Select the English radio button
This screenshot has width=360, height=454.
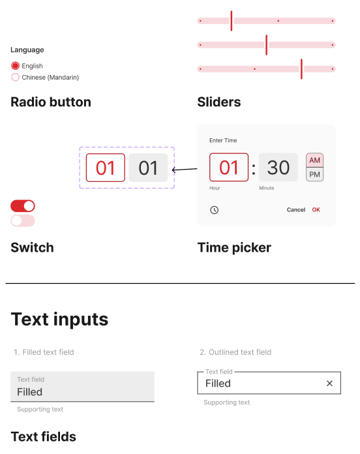click(x=16, y=66)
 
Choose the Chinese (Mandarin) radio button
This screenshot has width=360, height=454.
click(x=16, y=78)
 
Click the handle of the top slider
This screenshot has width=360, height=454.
click(x=232, y=21)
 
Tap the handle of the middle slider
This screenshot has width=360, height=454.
click(x=266, y=45)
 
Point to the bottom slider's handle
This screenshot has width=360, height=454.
click(x=301, y=69)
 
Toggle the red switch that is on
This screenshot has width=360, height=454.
click(x=23, y=206)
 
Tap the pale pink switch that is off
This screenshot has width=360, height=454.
click(x=23, y=220)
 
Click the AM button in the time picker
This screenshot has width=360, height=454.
click(x=314, y=160)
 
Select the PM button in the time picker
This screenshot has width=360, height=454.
click(x=314, y=174)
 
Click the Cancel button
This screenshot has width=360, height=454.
click(x=295, y=209)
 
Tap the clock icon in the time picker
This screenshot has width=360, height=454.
click(x=214, y=210)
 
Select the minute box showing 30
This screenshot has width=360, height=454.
click(x=278, y=168)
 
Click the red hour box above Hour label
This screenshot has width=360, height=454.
click(x=229, y=168)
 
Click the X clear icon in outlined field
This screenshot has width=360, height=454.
click(x=329, y=384)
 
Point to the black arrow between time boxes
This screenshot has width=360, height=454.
click(x=185, y=170)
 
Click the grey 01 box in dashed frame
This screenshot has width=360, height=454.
click(x=148, y=168)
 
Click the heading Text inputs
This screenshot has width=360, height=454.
click(x=59, y=320)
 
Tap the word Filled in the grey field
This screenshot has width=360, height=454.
click(x=30, y=392)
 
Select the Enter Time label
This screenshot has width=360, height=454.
click(x=223, y=140)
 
